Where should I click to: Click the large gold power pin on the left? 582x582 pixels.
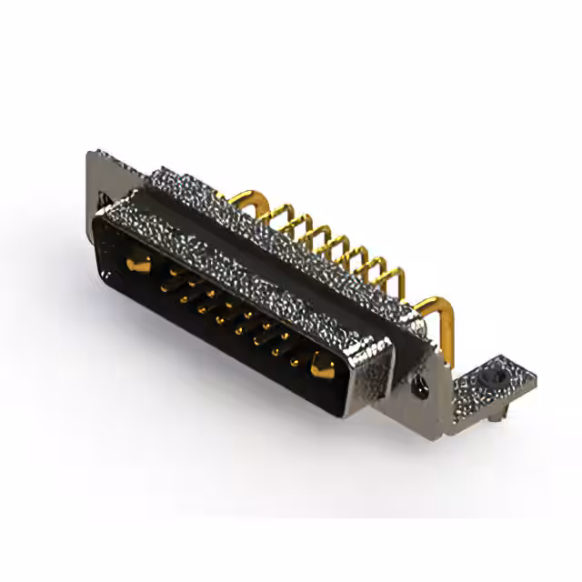(x=137, y=265)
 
